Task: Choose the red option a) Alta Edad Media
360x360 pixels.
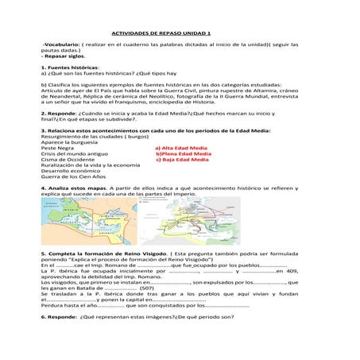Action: click(x=182, y=148)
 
